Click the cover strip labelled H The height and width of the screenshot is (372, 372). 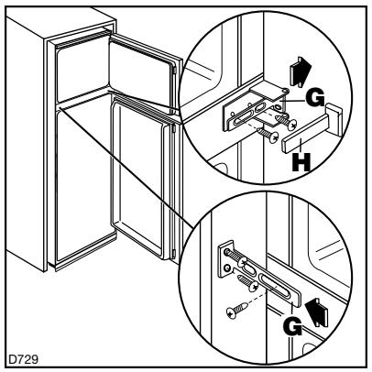[x=302, y=141]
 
